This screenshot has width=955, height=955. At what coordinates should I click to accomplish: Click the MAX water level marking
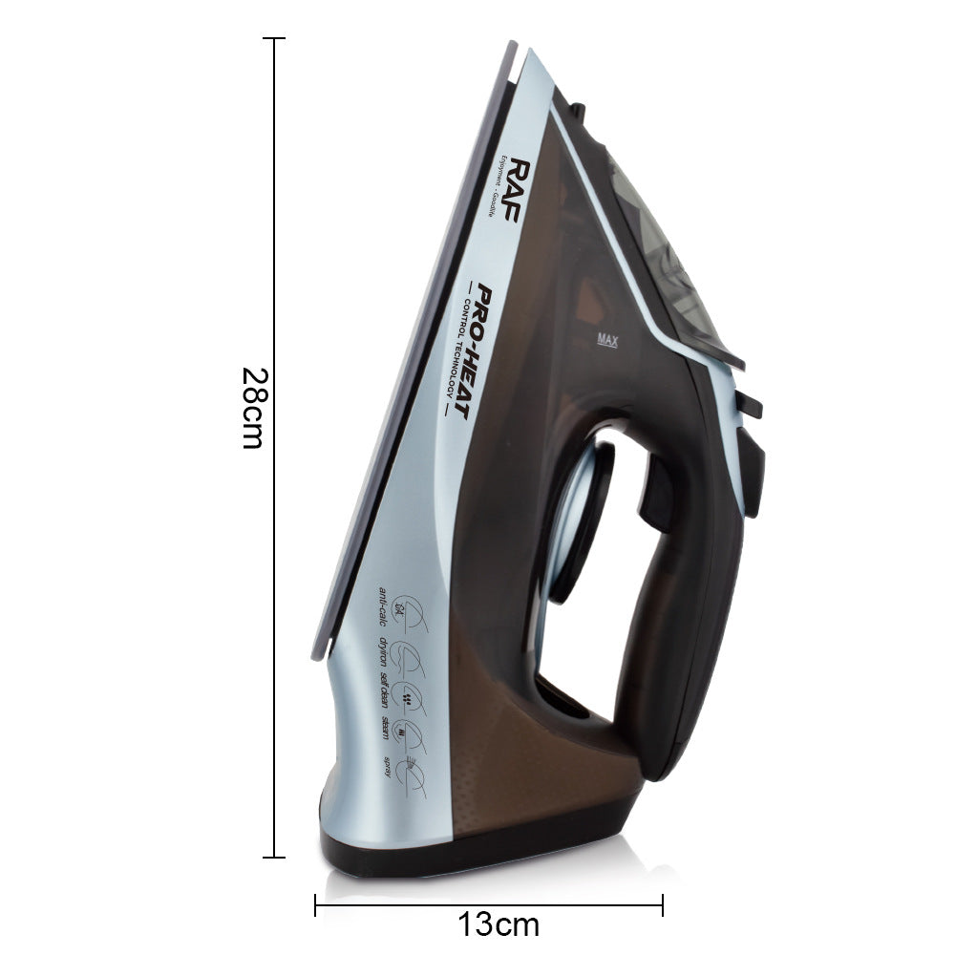(x=607, y=338)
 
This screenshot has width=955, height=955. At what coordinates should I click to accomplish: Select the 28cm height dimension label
(x=250, y=409)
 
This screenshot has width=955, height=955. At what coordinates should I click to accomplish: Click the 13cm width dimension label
(x=498, y=924)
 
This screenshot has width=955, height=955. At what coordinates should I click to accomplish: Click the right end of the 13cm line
(x=662, y=904)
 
